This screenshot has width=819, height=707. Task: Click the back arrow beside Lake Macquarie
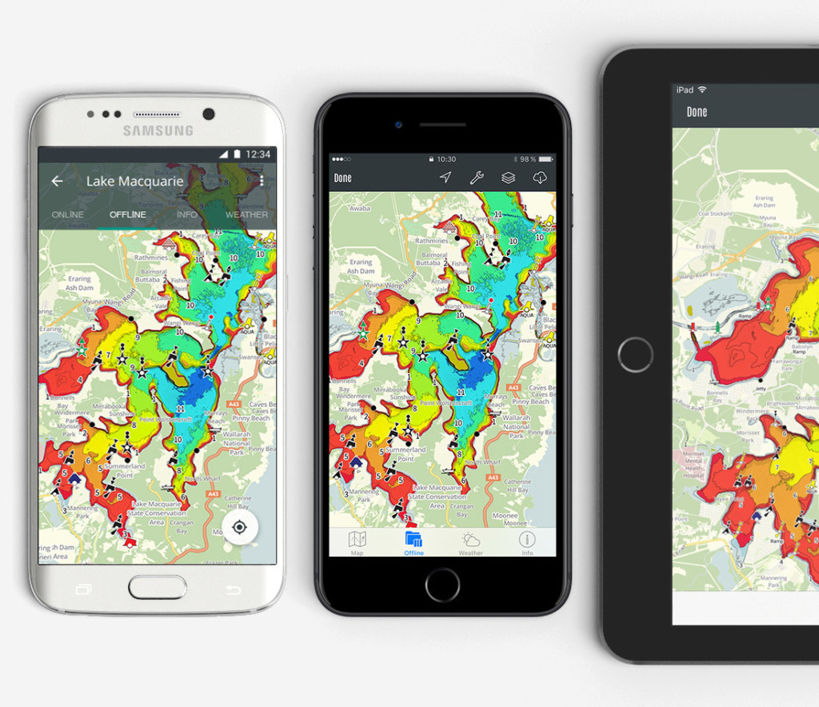point(57,182)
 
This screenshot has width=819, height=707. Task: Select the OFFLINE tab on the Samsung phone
point(128,214)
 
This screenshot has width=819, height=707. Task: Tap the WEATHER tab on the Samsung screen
point(246,214)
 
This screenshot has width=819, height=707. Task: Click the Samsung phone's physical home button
point(158,587)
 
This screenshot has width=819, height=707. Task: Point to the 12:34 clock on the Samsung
point(258,154)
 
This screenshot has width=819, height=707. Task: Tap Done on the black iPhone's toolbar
point(342,178)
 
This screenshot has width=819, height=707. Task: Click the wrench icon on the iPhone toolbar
point(477,178)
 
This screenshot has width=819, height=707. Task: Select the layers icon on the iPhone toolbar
point(508,178)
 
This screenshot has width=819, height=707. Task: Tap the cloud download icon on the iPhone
point(540,178)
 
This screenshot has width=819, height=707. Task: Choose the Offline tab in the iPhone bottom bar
point(413,542)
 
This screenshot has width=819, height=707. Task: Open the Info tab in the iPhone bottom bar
point(527,542)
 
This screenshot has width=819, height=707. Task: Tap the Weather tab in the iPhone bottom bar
point(470,542)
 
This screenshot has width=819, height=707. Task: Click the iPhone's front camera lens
point(398,124)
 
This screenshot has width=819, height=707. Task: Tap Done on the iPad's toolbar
point(697,112)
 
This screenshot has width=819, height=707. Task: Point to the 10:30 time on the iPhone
point(446,159)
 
